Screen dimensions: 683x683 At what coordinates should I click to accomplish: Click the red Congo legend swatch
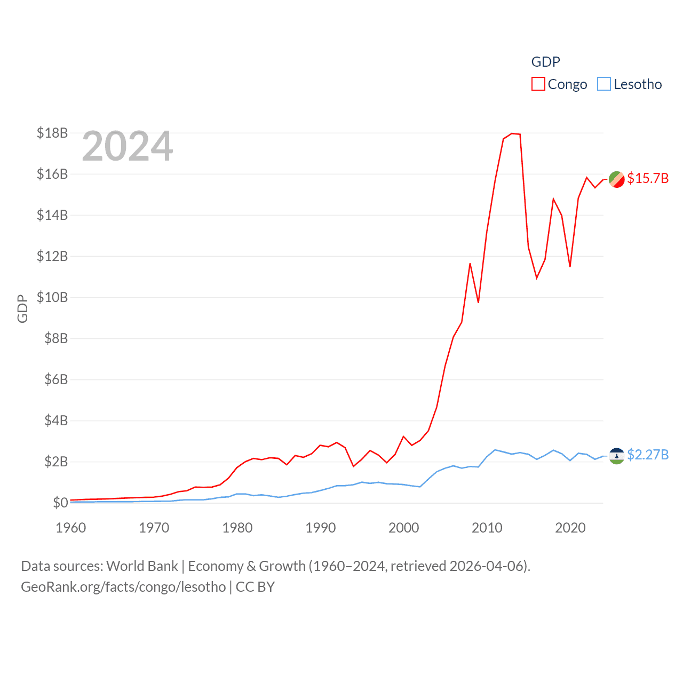click(x=538, y=84)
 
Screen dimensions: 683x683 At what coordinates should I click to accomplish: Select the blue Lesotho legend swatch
click(x=603, y=84)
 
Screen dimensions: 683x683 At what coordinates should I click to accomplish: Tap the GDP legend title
click(x=545, y=62)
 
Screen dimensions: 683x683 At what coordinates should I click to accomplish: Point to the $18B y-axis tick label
click(x=52, y=133)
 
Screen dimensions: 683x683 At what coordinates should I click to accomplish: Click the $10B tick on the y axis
click(x=52, y=297)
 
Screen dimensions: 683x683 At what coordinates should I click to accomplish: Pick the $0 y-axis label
click(x=60, y=503)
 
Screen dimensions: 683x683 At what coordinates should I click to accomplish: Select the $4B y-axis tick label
click(x=55, y=420)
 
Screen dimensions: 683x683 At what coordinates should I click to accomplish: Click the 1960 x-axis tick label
click(x=71, y=528)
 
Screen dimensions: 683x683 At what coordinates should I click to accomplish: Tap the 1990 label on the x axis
click(x=321, y=528)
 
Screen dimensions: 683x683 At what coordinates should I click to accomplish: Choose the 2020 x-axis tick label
click(x=570, y=528)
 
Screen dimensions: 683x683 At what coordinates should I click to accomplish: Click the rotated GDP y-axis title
click(x=22, y=308)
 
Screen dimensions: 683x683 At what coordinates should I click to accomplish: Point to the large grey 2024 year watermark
click(x=128, y=146)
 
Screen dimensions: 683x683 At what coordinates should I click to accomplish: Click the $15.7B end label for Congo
click(x=648, y=178)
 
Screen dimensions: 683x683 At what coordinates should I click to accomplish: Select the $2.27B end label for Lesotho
click(x=648, y=455)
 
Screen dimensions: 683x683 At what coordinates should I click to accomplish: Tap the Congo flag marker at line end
click(x=617, y=180)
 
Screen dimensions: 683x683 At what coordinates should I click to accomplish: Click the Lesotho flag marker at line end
click(x=617, y=456)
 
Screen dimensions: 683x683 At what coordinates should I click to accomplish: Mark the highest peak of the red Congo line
click(x=512, y=133)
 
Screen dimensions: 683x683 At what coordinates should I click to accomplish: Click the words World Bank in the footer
click(x=142, y=566)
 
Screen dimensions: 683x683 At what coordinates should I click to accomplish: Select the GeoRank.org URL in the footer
click(x=123, y=587)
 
